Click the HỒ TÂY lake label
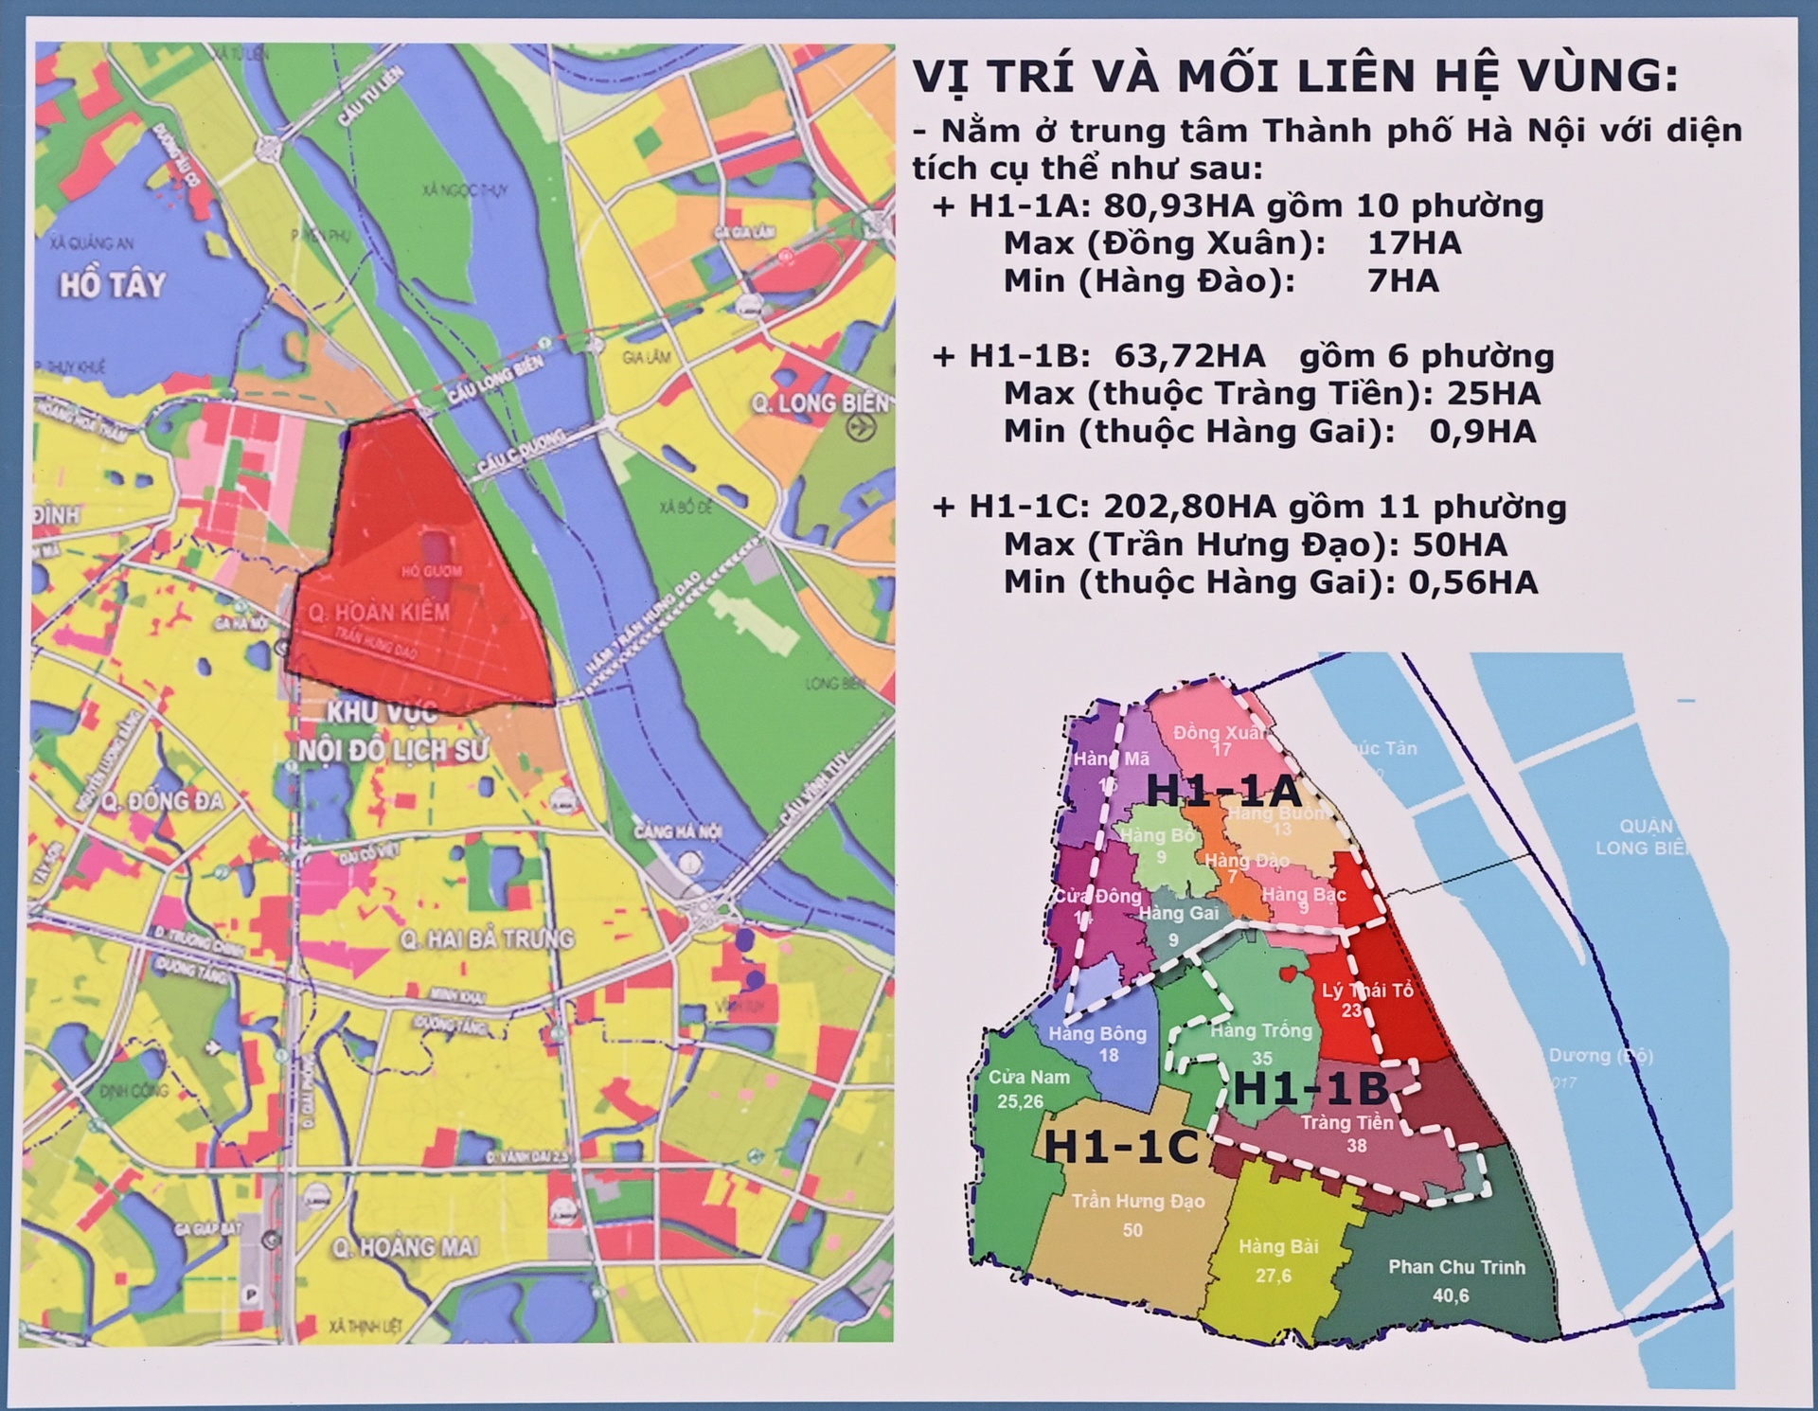(112, 285)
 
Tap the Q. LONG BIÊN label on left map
(820, 404)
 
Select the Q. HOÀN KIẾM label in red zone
(378, 613)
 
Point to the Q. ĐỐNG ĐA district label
(162, 801)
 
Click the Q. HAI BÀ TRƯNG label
(487, 938)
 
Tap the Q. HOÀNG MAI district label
(404, 1247)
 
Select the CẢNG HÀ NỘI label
(677, 831)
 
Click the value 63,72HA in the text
(1189, 356)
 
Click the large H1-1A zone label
(1223, 791)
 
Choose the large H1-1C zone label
(1121, 1146)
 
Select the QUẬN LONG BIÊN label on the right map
(1648, 837)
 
